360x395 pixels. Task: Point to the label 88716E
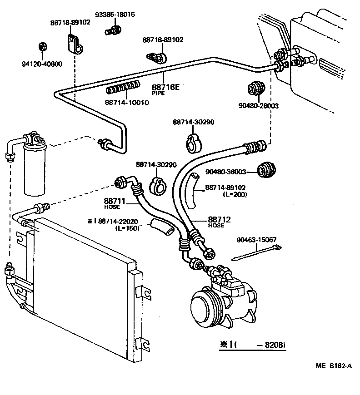click(x=165, y=87)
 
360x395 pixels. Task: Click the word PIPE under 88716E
click(x=158, y=93)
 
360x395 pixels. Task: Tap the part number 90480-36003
click(x=225, y=172)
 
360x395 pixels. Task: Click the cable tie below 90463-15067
click(x=257, y=254)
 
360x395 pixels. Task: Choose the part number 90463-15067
click(x=256, y=240)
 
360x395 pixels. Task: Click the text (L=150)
click(x=127, y=228)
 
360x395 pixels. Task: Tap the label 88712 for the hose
click(x=220, y=219)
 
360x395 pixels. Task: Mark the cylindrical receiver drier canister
click(x=36, y=168)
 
